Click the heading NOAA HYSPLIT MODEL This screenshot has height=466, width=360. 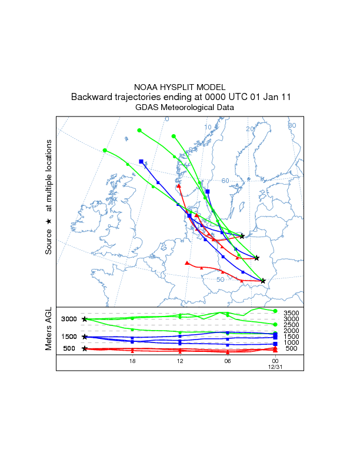180,86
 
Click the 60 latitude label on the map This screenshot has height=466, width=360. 225,181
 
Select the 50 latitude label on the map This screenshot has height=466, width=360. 220,279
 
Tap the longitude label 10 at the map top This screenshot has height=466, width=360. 208,128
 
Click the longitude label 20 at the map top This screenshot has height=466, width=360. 249,129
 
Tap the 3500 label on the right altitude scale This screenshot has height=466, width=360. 292,313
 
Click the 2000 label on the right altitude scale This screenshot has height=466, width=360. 292,331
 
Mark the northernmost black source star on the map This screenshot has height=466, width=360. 242,236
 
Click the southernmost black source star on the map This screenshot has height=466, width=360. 263,281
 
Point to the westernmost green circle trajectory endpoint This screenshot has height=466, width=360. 105,151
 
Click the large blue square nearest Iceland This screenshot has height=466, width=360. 141,161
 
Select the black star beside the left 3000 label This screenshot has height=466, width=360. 85,319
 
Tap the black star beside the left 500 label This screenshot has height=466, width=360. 85,348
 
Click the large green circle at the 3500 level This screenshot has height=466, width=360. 275,311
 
